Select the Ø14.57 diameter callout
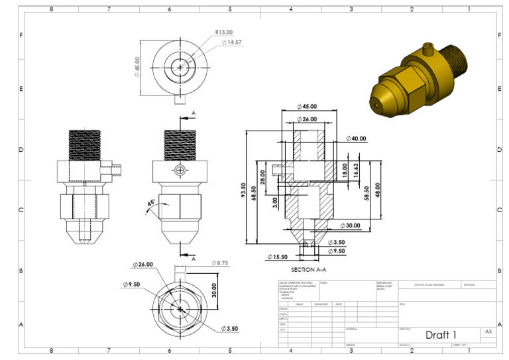click(233, 42)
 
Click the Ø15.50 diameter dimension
click(278, 257)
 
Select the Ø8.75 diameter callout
click(220, 263)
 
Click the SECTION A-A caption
click(310, 270)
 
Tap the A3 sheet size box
click(488, 331)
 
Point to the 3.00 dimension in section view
click(275, 202)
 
